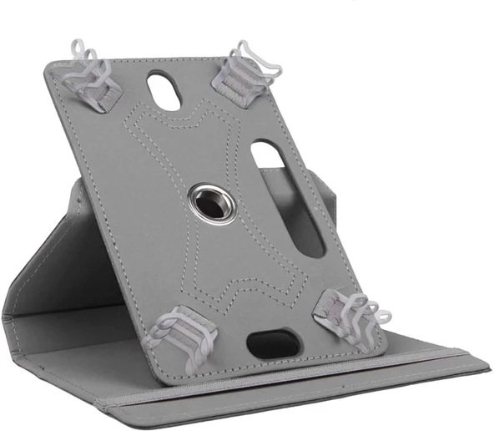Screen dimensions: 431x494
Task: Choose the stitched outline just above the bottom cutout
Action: click(250, 309)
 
